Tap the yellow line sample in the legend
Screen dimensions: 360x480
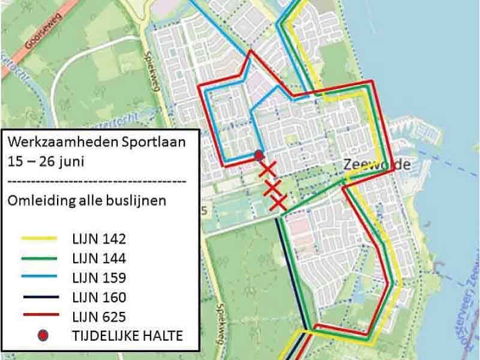click(x=40, y=239)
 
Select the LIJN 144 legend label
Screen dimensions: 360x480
click(x=98, y=259)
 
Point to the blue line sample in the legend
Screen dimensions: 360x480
click(x=40, y=277)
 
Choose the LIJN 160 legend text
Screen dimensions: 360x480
click(x=98, y=297)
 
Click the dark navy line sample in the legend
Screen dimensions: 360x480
click(x=40, y=297)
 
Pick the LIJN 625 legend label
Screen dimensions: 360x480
click(x=98, y=316)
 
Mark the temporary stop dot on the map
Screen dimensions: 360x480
click(x=259, y=155)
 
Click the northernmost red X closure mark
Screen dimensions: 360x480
click(x=268, y=170)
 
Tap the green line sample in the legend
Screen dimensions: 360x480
click(x=40, y=258)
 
